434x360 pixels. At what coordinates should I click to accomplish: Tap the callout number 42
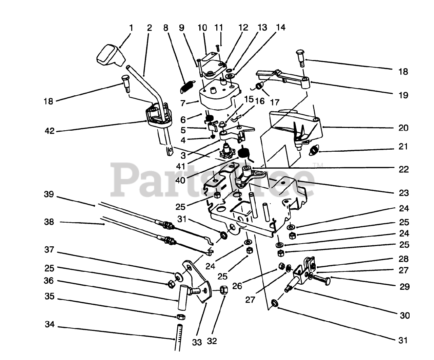tap(50, 131)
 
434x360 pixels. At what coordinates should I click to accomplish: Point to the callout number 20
tap(403, 128)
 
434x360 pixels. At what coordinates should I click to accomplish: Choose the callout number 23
tap(403, 193)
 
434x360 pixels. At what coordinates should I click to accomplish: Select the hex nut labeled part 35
tap(181, 317)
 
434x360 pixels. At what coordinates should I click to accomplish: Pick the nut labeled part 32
tap(223, 290)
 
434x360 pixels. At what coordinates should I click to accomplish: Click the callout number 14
tap(280, 27)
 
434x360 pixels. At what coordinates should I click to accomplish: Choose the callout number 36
tap(50, 281)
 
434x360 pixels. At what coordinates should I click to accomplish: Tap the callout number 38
tap(50, 222)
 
